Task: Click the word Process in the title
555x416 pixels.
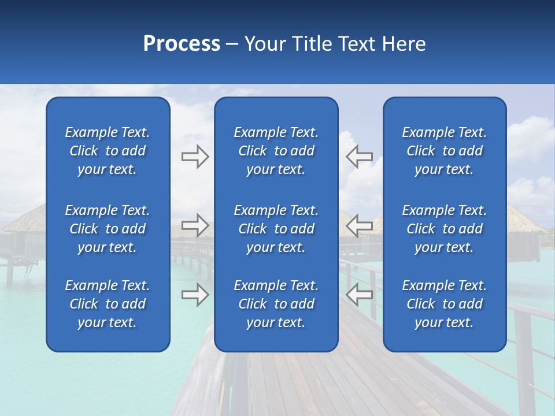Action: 182,44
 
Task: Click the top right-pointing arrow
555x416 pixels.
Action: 195,156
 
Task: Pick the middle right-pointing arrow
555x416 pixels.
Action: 195,225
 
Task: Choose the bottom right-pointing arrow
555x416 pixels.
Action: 195,295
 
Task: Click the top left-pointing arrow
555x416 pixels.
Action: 360,156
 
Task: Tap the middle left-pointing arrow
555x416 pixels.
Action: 360,225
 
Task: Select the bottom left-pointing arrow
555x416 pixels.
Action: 360,295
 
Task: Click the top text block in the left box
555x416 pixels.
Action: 108,151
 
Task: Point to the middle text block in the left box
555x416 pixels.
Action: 108,229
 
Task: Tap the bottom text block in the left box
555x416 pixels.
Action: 108,304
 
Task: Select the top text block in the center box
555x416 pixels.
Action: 276,151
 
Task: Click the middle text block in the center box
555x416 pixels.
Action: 276,229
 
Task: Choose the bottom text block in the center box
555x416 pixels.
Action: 276,304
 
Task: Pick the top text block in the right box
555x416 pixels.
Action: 445,151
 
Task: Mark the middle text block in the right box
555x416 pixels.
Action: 445,229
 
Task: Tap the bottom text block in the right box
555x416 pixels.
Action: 445,304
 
